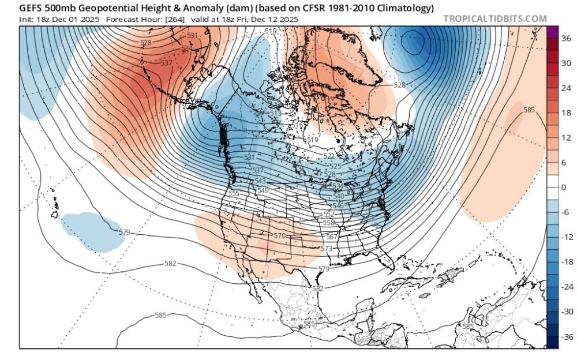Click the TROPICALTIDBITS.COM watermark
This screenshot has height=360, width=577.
[494, 19]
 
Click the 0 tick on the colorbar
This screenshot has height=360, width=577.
[564, 187]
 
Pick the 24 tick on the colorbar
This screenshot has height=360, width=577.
[566, 88]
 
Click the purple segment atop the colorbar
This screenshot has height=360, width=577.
[552, 32]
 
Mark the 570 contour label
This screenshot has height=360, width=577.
[280, 235]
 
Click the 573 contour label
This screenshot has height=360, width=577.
[327, 248]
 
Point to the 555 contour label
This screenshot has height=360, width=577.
[234, 193]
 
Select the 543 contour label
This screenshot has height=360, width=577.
[260, 181]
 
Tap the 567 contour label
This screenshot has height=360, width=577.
[332, 237]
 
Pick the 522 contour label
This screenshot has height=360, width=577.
[329, 156]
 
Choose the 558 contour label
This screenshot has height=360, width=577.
[329, 222]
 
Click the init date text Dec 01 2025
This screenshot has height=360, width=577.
[81, 19]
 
